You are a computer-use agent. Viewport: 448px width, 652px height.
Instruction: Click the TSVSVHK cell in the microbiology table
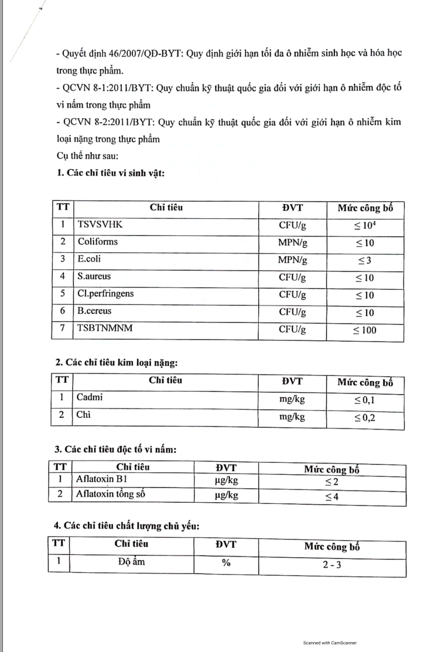click(x=100, y=224)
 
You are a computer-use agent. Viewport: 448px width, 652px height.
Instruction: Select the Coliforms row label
click(x=98, y=242)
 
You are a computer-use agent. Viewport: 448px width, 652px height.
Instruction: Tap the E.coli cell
click(x=91, y=259)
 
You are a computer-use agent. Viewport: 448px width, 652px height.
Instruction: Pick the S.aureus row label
click(x=94, y=276)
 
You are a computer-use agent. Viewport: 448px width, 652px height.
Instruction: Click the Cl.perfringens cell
click(x=105, y=294)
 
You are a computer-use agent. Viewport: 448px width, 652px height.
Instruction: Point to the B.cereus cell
click(x=94, y=311)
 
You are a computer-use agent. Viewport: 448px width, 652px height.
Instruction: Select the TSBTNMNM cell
click(x=105, y=329)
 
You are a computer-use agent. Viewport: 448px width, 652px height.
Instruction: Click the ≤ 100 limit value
click(x=364, y=331)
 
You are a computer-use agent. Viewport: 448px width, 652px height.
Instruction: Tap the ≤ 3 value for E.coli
click(x=364, y=260)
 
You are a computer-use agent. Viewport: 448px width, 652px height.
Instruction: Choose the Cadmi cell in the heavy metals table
click(x=90, y=397)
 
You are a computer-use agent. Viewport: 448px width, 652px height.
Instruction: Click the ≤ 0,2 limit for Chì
click(x=364, y=418)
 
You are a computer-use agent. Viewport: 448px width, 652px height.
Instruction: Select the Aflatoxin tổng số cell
click(x=110, y=495)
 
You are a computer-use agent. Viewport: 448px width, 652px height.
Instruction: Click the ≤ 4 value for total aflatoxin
click(x=331, y=497)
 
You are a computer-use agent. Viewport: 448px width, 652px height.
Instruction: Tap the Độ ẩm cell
click(x=131, y=562)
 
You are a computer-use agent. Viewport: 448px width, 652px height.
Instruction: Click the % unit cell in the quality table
click(x=225, y=563)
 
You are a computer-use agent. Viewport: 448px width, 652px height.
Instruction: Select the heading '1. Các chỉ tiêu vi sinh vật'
click(x=110, y=173)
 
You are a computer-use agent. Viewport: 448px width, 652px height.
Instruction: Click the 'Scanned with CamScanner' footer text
click(x=330, y=643)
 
